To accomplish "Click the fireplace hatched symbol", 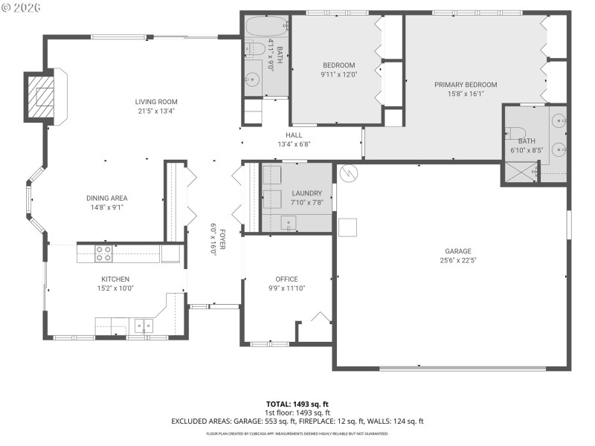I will (41, 97).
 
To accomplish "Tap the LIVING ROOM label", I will (156, 102).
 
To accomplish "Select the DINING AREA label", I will (107, 198).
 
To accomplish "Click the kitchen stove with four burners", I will (103, 253).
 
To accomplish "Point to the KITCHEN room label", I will (115, 279).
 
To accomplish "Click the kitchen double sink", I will (143, 325).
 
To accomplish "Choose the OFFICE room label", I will (286, 279).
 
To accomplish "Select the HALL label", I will (294, 135).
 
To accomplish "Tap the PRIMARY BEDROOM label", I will (466, 85).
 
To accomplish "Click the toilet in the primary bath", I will (515, 134).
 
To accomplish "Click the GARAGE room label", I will (458, 251).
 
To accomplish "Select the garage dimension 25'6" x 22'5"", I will (458, 260).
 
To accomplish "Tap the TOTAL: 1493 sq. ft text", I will (297, 404).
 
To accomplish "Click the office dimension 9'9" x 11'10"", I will (286, 288).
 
